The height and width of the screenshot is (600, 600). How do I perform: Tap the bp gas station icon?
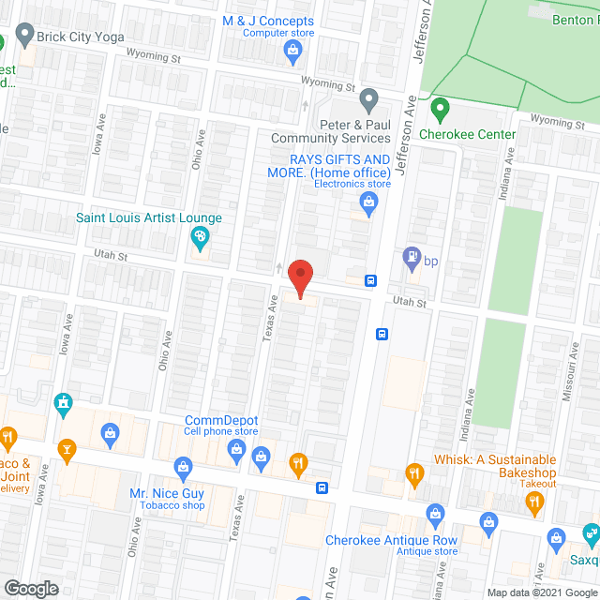411,256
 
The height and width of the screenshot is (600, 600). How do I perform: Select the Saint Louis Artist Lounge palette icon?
199,240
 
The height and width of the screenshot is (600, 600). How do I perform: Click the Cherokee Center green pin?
438,111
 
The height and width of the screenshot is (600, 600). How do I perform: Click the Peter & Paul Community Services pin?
369,98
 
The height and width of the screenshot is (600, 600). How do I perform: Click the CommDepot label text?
221,420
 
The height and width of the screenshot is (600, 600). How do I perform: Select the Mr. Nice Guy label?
167,492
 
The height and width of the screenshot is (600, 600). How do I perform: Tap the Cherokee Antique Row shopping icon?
435,514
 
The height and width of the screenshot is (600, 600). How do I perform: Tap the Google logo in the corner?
31,588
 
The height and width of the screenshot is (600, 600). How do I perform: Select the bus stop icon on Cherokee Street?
322,487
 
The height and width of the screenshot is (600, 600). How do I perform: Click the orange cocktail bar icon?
67,451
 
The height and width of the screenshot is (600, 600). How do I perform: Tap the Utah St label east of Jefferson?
409,303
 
